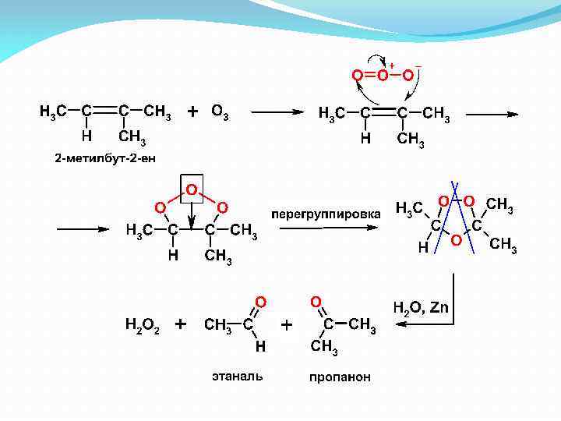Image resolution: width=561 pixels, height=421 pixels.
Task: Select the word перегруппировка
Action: (326, 213)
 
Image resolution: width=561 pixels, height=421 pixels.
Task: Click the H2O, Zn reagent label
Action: (420, 307)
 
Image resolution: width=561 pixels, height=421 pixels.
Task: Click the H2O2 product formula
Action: (142, 324)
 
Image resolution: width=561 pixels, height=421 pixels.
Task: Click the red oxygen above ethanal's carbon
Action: (261, 300)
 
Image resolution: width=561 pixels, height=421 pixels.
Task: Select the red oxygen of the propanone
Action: (315, 300)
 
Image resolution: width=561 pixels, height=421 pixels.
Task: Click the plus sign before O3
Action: (192, 111)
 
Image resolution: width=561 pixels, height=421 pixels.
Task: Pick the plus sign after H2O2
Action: (181, 324)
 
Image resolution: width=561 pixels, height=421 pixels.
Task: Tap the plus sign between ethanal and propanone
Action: (287, 325)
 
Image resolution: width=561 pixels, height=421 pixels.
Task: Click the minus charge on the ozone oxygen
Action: (419, 65)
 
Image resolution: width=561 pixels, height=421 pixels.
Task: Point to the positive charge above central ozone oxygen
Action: (391, 65)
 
